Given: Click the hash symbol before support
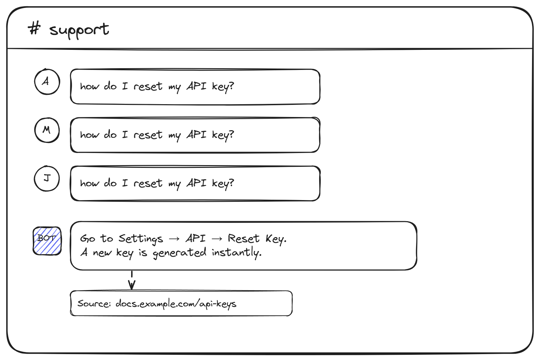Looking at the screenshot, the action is coord(34,28).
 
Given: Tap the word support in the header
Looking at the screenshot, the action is coord(79,30).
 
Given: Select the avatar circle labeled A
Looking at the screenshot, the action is coord(47,82).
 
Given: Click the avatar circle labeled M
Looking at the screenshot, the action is coord(47,130).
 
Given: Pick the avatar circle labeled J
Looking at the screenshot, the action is coord(47,179).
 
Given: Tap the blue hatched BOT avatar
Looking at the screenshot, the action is coord(47,241).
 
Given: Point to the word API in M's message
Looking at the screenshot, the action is coord(197,134).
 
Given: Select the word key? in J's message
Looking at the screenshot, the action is coord(223,184).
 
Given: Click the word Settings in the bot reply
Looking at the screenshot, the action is coord(141,239).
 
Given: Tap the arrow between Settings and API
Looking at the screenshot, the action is coord(174,239).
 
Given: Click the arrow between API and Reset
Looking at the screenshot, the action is coord(217,239).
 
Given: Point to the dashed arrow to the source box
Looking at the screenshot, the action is coord(132,280).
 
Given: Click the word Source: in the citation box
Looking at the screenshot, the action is coord(94,303).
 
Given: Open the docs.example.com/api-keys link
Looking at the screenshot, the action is coord(176,304).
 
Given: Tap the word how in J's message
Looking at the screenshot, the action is coord(90,183).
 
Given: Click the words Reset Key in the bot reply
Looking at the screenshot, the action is coord(257,239).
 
